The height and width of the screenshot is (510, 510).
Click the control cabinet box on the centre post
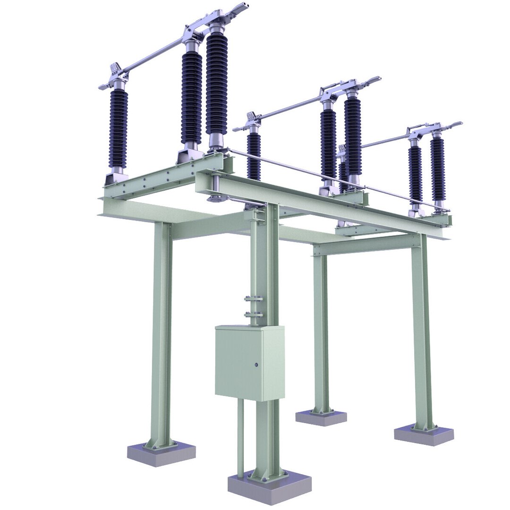[x=249, y=363]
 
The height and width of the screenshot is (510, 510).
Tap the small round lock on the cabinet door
[x=256, y=365]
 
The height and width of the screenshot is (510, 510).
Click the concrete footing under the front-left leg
[x=161, y=454]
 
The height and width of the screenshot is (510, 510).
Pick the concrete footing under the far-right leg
[x=424, y=435]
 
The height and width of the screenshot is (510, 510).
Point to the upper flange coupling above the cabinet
[x=254, y=298]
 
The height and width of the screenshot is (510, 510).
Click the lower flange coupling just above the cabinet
[x=254, y=314]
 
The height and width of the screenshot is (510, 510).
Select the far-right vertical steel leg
[x=422, y=331]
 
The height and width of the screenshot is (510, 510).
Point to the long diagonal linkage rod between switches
[x=331, y=179]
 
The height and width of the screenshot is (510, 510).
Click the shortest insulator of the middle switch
[x=254, y=156]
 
